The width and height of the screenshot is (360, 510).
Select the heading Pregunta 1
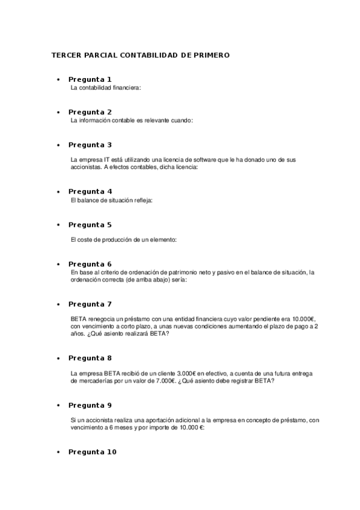[90, 79]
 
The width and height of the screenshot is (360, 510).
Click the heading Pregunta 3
[90, 145]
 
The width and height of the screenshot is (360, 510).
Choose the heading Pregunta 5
[90, 225]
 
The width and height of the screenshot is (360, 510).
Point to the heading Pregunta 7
[90, 304]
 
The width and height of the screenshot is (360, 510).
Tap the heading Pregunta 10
[92, 452]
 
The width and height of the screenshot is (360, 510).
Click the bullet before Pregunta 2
[58, 112]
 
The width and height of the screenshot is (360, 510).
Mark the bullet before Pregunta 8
[58, 358]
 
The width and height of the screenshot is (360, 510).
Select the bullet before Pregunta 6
[58, 265]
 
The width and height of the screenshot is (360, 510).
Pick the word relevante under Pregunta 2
[158, 120]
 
